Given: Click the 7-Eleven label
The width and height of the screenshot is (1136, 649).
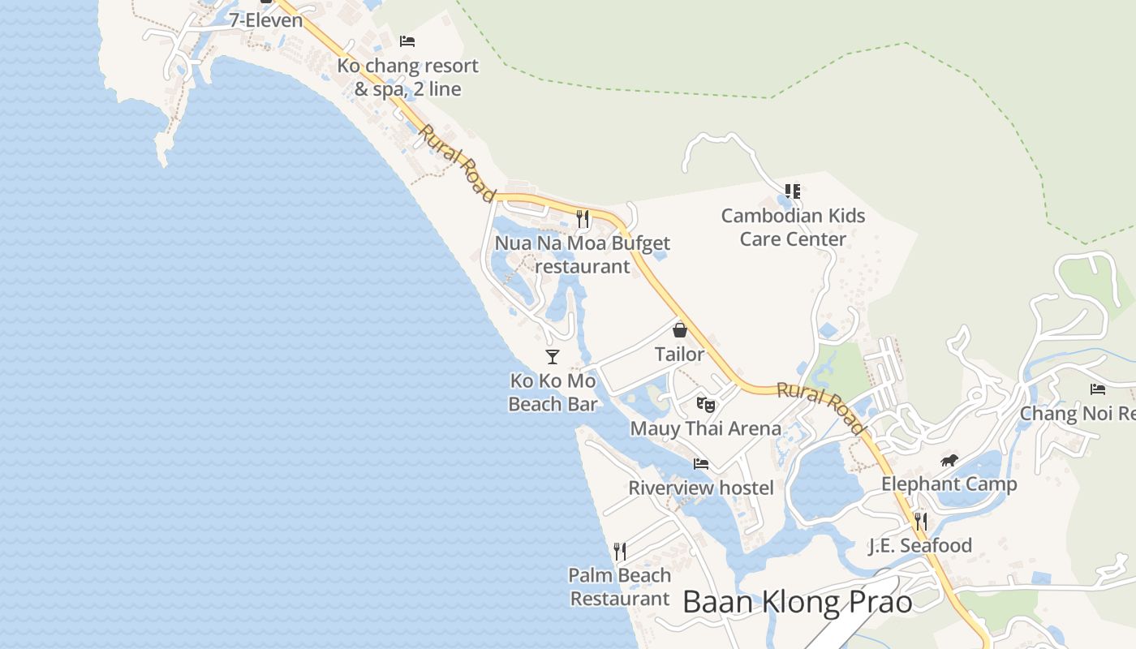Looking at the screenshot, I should [265, 20].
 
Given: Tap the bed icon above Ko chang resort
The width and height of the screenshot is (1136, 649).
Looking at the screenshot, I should [407, 41].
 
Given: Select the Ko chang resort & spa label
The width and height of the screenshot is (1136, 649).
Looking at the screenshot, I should [408, 77].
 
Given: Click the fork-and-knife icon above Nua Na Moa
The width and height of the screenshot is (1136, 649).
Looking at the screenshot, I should [582, 218].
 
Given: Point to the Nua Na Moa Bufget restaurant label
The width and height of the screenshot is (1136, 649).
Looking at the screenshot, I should [583, 254].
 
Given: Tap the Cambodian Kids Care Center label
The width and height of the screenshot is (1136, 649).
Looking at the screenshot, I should [793, 227].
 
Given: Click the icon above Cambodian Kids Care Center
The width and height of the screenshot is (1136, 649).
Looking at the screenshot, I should [793, 191].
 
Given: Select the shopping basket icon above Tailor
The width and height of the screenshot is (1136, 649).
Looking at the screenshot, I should [680, 330].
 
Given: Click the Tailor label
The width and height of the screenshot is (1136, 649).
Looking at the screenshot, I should [680, 355].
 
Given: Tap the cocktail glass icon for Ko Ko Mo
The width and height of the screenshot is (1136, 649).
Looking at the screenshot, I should [553, 356].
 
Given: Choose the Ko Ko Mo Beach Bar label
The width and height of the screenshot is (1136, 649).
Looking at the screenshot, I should [553, 392].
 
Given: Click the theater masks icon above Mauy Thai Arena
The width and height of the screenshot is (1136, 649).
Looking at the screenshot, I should [705, 404].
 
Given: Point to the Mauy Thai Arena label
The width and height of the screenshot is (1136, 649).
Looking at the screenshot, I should [705, 428].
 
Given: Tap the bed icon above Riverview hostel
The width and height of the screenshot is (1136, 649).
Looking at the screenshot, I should [701, 464].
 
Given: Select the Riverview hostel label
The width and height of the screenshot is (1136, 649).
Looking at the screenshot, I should [701, 488].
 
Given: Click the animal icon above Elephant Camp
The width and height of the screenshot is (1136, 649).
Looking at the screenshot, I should [949, 461].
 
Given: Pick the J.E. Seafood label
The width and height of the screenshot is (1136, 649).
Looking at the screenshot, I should [920, 545].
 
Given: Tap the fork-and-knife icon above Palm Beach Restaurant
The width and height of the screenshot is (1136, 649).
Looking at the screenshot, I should [620, 552].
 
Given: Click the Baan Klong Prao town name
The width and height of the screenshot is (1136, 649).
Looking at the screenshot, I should [797, 602].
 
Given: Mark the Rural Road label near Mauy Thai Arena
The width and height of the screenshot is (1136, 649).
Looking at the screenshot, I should [821, 407].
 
